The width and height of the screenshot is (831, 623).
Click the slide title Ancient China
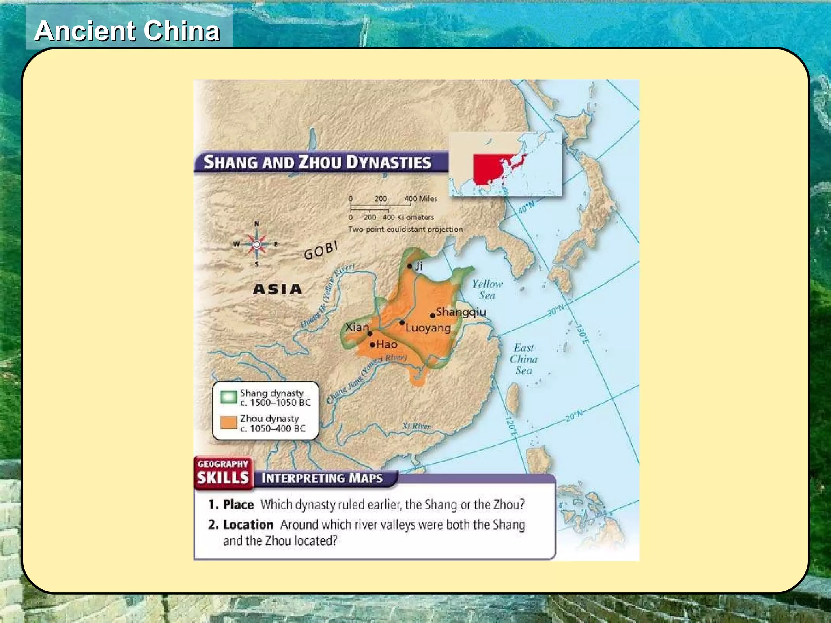127,31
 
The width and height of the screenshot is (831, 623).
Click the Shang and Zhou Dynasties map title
317,162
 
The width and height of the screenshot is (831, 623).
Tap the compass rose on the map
256,244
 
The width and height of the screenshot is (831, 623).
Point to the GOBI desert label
321,251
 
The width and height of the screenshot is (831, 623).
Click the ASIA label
278,289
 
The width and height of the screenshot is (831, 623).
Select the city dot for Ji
409,266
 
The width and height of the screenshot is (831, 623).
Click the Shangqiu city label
461,312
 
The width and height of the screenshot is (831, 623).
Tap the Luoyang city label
428,328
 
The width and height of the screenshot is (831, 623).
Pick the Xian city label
357,327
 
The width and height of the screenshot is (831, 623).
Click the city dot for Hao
372,345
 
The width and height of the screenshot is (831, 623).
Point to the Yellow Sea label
487,290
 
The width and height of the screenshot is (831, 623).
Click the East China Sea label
523,359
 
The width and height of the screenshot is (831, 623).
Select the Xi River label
416,426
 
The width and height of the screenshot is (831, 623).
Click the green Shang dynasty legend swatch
228,397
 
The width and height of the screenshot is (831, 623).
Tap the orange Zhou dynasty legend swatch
228,423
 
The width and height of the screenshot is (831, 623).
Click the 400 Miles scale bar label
421,198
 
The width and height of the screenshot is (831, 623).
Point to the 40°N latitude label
527,207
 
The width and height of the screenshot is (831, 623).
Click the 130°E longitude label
582,334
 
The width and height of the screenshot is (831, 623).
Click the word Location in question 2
248,524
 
